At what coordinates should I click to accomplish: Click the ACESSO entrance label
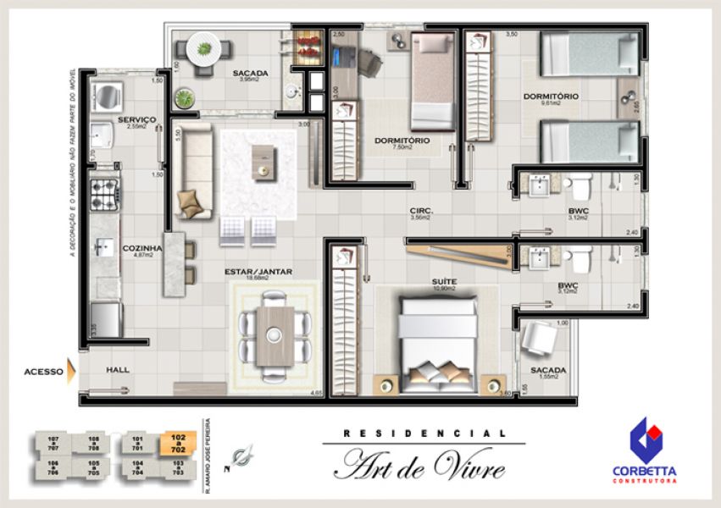(42, 370)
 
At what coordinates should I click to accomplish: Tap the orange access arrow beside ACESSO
(72, 370)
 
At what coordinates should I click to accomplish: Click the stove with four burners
(105, 194)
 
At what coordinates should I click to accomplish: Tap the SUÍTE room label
(444, 281)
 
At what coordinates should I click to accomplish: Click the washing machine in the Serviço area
(107, 96)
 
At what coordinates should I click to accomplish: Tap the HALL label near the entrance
(118, 370)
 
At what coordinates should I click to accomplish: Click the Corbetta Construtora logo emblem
(646, 441)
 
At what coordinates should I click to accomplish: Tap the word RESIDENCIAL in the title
(424, 433)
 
